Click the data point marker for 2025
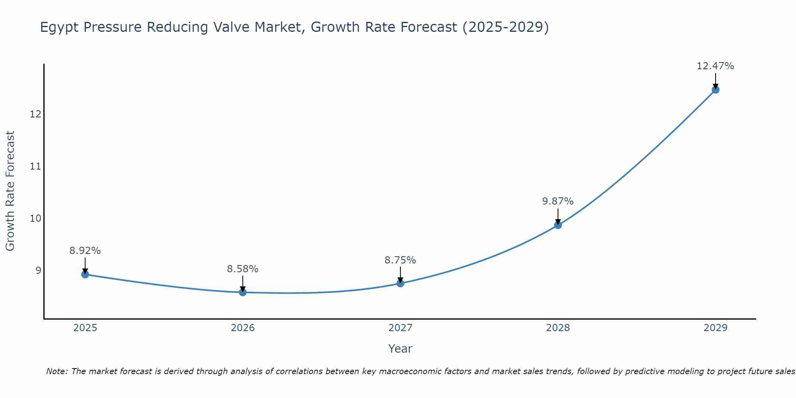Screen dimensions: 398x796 click(85, 274)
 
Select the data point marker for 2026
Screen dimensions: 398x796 click(243, 292)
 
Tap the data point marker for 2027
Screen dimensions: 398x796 click(400, 283)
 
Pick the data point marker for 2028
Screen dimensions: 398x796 click(558, 225)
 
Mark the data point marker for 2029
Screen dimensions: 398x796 click(716, 90)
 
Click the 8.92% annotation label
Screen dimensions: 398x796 click(85, 251)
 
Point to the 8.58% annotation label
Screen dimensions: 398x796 click(243, 269)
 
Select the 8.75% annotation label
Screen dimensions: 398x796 click(400, 260)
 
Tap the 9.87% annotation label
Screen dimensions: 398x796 click(558, 201)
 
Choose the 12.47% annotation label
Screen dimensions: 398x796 click(716, 66)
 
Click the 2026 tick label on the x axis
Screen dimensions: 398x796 click(243, 328)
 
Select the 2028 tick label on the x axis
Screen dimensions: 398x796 click(558, 328)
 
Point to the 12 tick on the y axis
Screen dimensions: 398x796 click(35, 114)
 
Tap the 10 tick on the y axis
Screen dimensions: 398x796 click(35, 219)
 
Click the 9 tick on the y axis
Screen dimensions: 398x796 click(38, 271)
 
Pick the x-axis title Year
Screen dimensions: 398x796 click(400, 349)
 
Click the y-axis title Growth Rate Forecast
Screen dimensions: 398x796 click(10, 191)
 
